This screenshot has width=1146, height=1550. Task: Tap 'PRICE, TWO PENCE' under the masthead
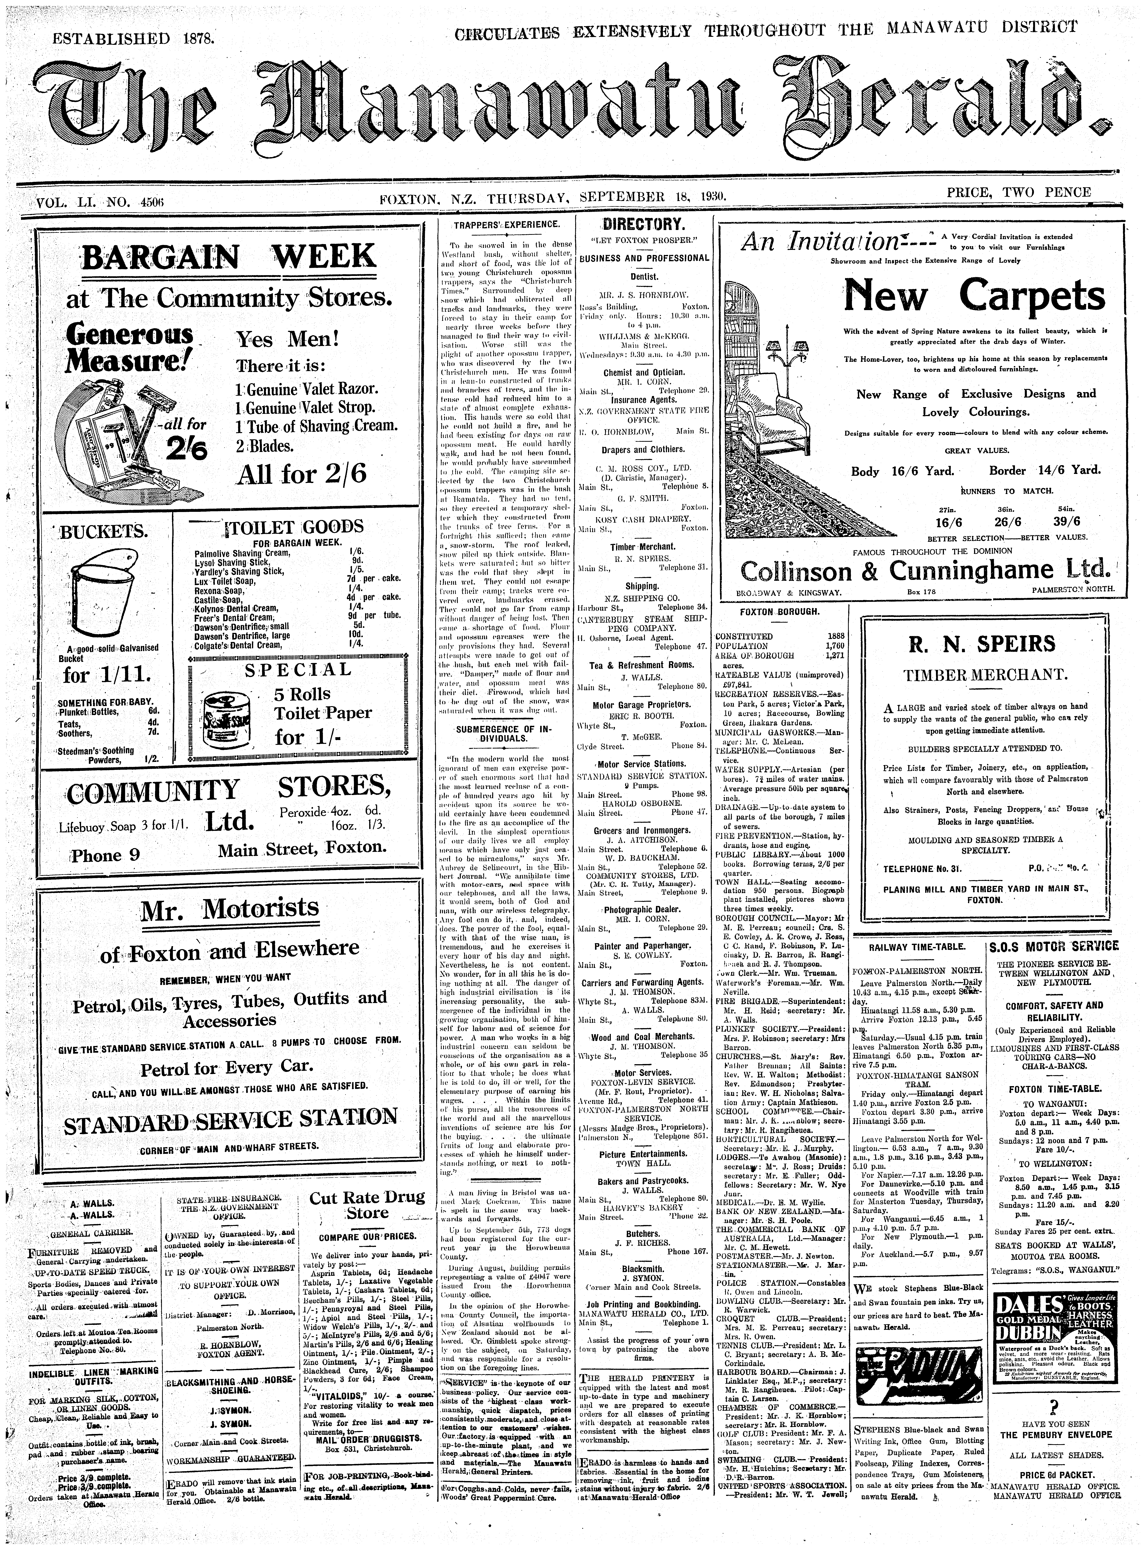(x=1018, y=192)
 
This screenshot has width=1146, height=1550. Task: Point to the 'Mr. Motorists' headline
(x=230, y=909)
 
